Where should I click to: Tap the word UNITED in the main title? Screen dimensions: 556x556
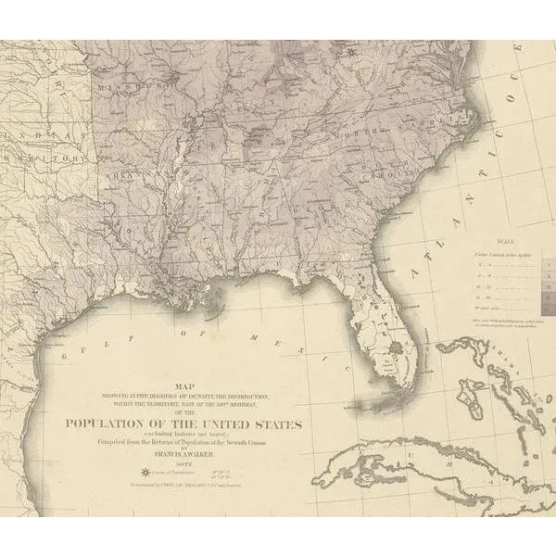click(226, 424)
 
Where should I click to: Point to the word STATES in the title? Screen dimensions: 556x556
click(277, 424)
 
